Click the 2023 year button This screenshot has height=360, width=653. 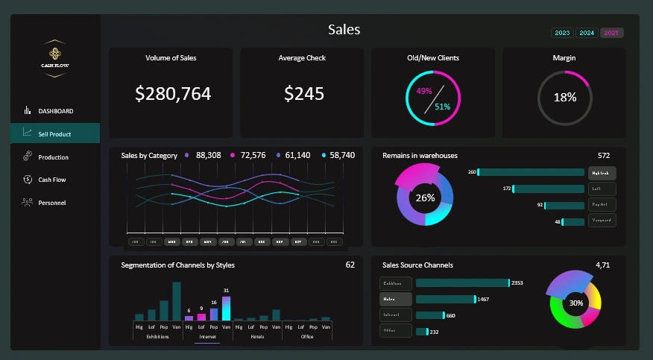pos(562,33)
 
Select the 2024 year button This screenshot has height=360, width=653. pos(587,33)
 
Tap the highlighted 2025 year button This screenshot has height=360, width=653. pos(611,33)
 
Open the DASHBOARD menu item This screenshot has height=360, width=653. pos(55,111)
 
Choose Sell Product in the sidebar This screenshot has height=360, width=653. pos(54,133)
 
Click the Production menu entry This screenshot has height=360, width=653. pos(53,157)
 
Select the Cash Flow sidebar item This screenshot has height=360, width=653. pos(51,180)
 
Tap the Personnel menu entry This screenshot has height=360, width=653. pos(52,203)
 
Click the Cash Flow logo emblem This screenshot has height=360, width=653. pos(55,57)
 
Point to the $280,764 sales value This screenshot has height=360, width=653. pos(173,94)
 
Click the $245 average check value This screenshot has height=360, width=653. pos(304,94)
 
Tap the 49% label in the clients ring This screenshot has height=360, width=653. pos(424,91)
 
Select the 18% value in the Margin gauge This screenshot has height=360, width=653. pos(564,98)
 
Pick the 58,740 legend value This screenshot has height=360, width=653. pos(342,156)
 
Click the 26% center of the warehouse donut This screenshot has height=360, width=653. pos(425,198)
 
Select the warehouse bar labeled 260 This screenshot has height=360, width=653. pos(531,172)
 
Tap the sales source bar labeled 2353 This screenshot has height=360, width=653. pos(462,283)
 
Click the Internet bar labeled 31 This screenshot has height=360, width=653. pos(226,308)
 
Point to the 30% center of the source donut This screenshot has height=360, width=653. pos(575,303)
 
